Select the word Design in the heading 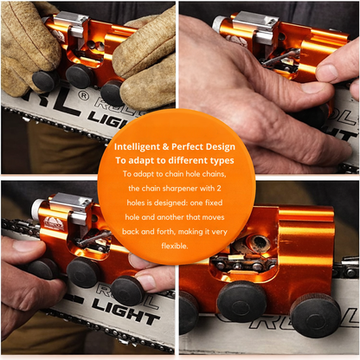tap(221, 147)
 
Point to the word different tap(192, 160)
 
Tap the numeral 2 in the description tap(219, 189)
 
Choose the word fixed tap(214, 202)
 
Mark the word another tap(170, 217)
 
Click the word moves tap(213, 217)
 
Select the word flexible tap(175, 246)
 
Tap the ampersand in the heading tap(165, 147)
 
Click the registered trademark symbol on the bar tap(83, 95)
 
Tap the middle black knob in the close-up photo tap(241, 301)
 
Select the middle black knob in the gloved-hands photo tap(79, 75)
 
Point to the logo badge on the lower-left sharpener tap(51, 223)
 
